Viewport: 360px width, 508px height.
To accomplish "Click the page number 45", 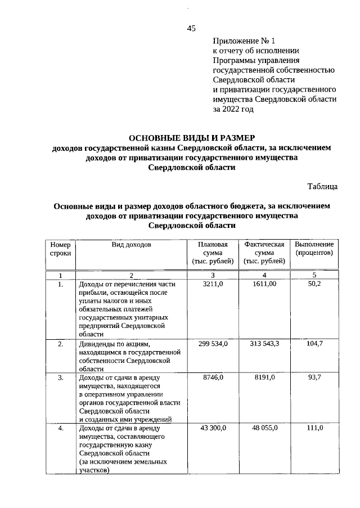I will (x=191, y=29).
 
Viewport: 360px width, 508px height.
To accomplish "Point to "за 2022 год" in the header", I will (x=233, y=109).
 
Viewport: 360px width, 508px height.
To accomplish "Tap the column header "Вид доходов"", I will (x=131, y=245).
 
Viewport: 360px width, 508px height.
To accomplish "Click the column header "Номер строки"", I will (x=60, y=249).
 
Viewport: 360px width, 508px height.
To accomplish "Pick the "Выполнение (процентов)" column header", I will (x=314, y=249).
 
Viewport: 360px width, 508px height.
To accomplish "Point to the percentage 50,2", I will (x=314, y=285).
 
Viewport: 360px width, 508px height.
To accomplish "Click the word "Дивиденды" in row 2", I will (x=98, y=344).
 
